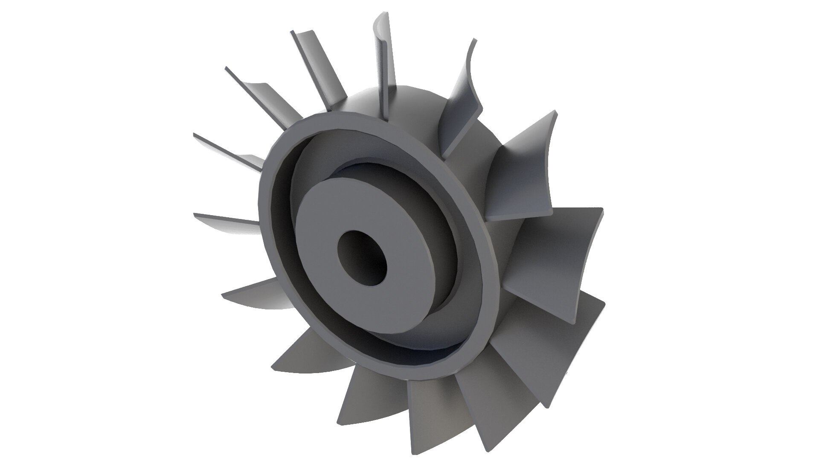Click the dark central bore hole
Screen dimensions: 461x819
coord(361,258)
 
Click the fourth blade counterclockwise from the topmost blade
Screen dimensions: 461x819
coord(226,220)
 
